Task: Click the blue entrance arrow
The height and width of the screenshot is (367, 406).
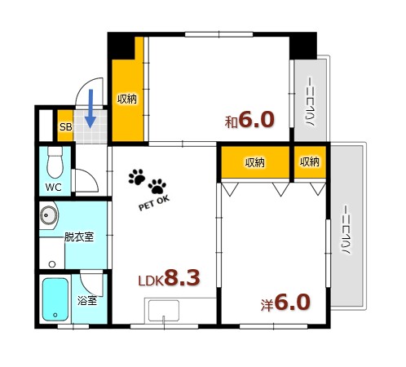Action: click(x=90, y=108)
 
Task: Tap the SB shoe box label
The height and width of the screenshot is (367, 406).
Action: click(x=65, y=126)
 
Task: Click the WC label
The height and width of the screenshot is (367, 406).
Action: click(x=53, y=187)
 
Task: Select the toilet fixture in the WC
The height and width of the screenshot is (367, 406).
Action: click(x=55, y=161)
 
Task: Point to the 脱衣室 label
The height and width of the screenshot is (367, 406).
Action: click(x=78, y=237)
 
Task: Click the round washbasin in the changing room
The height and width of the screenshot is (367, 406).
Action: click(x=49, y=217)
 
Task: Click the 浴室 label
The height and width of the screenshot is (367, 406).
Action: click(x=87, y=300)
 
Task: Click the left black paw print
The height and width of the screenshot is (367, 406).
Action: click(x=136, y=177)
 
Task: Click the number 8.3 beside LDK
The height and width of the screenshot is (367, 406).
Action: click(x=182, y=279)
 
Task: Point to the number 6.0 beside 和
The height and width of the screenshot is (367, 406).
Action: click(x=256, y=120)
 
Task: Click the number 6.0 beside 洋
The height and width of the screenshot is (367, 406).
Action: click(x=292, y=302)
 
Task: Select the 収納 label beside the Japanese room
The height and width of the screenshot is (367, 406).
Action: click(x=127, y=99)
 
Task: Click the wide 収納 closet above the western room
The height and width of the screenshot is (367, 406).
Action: click(x=254, y=162)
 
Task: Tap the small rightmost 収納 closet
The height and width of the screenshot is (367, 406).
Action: click(x=309, y=162)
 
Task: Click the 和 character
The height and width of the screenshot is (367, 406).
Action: click(x=232, y=122)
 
